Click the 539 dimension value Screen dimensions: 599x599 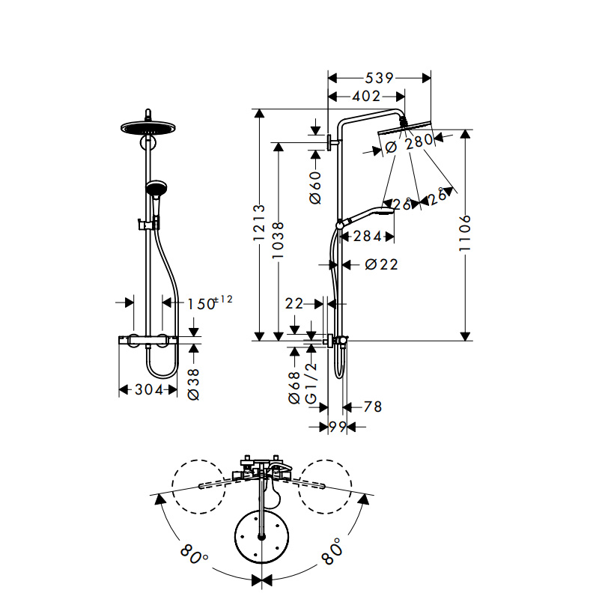[379, 79]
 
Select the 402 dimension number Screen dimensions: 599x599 [366, 97]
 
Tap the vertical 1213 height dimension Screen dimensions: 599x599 [259, 222]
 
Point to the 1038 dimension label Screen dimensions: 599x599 [278, 240]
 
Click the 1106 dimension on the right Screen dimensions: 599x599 [465, 233]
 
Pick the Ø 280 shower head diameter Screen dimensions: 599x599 [410, 144]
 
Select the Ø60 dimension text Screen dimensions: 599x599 [315, 188]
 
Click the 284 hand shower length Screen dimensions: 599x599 [368, 237]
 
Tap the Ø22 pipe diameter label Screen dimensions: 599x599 [381, 264]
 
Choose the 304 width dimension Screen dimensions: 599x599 [149, 389]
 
